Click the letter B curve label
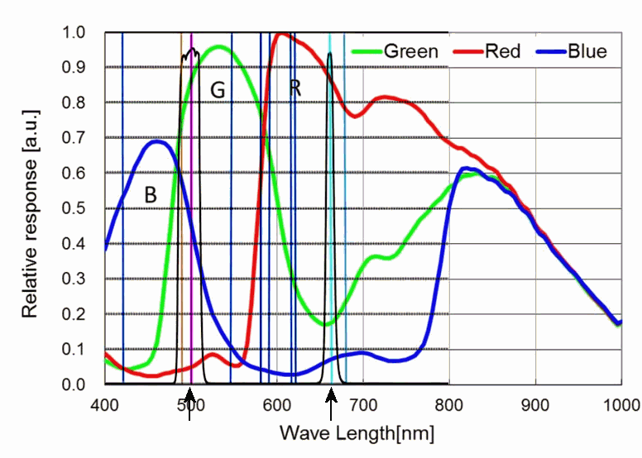point(151,195)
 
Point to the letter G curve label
point(218,90)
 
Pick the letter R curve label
point(295,87)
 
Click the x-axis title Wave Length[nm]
point(357,433)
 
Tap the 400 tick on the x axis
point(105,405)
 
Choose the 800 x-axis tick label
point(449,405)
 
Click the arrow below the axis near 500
point(190,408)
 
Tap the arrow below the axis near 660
point(331,408)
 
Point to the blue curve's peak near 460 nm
point(156,142)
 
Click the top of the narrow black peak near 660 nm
point(329,54)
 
